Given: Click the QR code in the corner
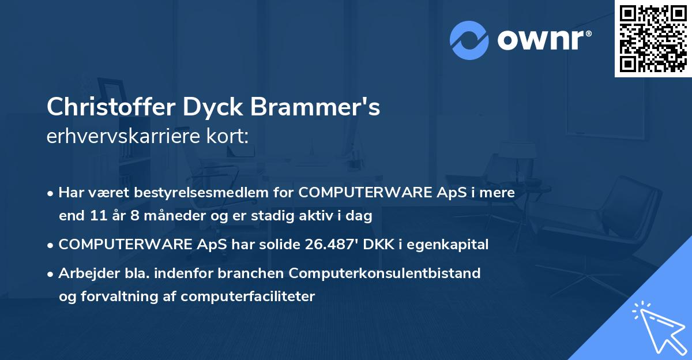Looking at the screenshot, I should coord(653,39).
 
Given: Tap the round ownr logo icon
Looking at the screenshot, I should coord(469,40).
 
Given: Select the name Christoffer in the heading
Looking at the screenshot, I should coord(111,107).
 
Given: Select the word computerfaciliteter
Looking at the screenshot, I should coord(247,297).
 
